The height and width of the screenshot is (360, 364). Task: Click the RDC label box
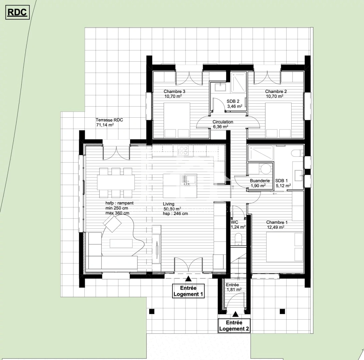coord(17,13)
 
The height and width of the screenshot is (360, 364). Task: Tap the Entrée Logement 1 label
coord(188,291)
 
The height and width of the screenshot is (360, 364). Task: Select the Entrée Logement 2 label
coord(234,326)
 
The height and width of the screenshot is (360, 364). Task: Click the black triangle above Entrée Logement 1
coord(189,279)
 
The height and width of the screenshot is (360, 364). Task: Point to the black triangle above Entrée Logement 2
coord(235,314)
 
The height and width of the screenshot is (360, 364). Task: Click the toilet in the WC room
coord(238,239)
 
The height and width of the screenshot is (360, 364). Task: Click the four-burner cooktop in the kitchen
coord(183,151)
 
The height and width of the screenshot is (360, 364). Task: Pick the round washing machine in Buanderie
coord(266,169)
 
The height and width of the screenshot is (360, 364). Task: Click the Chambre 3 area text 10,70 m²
coord(173,96)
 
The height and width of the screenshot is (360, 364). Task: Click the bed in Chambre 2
coord(278,120)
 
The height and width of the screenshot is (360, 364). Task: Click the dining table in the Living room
coord(116,182)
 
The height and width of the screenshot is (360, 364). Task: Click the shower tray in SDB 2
coord(239,82)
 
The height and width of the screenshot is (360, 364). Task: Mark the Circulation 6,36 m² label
coord(223,124)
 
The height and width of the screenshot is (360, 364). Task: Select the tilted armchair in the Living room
coord(112,223)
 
